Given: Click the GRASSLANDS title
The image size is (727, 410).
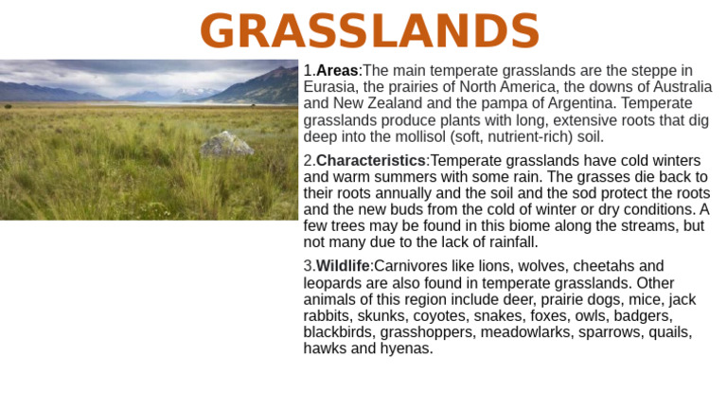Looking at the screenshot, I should tap(369, 32).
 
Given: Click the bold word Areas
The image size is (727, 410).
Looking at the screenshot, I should tap(337, 71).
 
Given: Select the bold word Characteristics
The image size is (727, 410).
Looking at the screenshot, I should tap(370, 161).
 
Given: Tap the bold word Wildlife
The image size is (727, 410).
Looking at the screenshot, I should tap(343, 266).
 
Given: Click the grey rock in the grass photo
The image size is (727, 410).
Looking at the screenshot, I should tap(227, 144).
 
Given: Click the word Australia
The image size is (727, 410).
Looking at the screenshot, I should tap(678, 87).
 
